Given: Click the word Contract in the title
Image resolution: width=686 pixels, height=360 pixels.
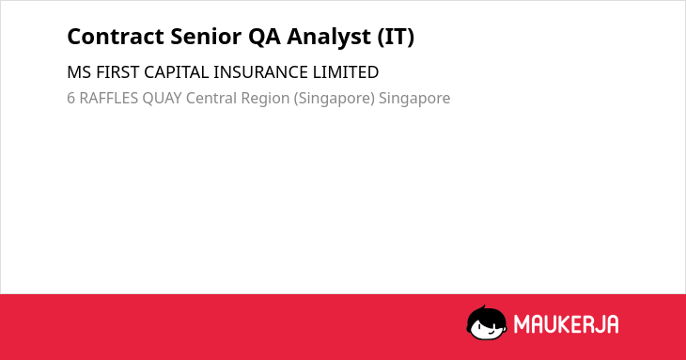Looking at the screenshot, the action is [x=115, y=37].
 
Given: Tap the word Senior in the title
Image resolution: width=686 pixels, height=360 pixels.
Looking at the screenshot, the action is [x=206, y=37].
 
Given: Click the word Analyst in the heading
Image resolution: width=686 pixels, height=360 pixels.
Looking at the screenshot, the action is [x=329, y=38].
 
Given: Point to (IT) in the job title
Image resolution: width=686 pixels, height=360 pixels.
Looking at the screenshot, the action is [x=396, y=37].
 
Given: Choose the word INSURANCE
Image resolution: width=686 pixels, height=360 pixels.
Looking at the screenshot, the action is [x=260, y=72].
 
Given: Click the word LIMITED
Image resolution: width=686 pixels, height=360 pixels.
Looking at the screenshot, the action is [x=346, y=72].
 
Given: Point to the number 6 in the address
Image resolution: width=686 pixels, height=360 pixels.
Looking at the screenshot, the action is [x=70, y=98].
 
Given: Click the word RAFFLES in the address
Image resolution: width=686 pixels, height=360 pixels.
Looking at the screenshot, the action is [x=108, y=98].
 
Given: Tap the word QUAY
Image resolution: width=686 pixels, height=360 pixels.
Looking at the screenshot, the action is [x=162, y=98].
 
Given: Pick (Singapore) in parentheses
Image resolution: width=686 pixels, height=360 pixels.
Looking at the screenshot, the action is [x=335, y=99].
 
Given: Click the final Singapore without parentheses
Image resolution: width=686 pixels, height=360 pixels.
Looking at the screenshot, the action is [x=414, y=99].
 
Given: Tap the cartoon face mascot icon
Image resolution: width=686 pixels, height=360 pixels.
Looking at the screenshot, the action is [x=487, y=322].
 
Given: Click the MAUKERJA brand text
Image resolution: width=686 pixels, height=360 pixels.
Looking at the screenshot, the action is [x=566, y=324].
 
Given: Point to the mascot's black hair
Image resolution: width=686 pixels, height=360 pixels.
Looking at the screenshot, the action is [x=486, y=315].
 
